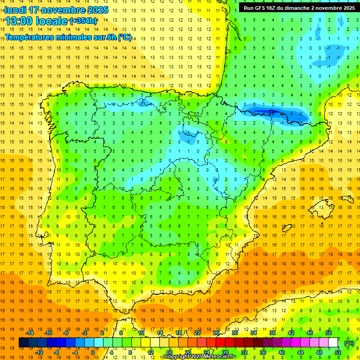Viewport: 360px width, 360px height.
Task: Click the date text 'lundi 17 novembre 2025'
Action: tap(56, 10)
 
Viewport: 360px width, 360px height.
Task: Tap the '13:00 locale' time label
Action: tap(37, 21)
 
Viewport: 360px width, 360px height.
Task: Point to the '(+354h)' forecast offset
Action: tap(83, 21)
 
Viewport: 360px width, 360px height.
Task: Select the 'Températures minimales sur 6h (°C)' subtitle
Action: tap(68, 37)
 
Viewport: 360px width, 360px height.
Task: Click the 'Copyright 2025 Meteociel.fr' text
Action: tap(199, 357)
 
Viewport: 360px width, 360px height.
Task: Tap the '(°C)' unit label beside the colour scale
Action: tap(349, 343)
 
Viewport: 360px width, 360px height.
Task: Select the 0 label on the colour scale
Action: tap(92, 352)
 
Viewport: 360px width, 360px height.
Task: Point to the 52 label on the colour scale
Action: tap(338, 352)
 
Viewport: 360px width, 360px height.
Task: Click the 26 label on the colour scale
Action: tap(216, 333)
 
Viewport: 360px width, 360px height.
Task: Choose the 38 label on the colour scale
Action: tap(272, 333)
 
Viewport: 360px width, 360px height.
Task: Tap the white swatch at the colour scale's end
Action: tap(333, 343)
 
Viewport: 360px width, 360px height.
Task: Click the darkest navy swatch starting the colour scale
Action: tap(23, 343)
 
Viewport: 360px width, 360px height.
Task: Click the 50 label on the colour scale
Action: tap(328, 333)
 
